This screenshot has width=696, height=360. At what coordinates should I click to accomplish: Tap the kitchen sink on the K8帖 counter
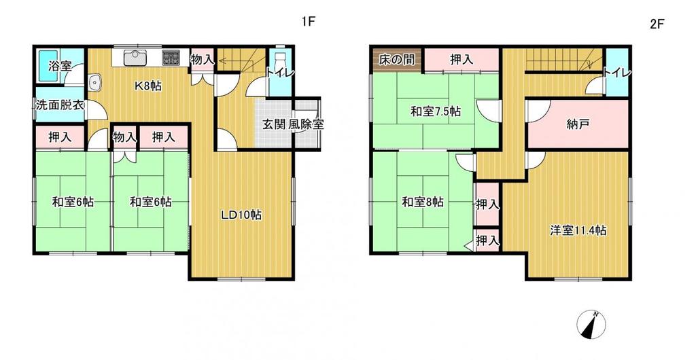(135, 58)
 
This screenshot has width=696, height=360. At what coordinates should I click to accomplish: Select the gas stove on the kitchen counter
(171, 58)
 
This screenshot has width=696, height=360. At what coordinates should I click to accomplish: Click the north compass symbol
(591, 324)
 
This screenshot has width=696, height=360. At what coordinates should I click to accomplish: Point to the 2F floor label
(657, 24)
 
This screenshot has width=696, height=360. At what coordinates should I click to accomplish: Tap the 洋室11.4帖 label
(578, 230)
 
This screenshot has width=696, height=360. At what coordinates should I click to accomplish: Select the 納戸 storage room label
(578, 124)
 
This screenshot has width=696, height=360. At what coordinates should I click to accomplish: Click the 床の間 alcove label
(397, 60)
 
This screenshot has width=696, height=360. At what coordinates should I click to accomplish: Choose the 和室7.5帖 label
(435, 111)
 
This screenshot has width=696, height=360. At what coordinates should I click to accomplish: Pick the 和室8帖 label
(422, 202)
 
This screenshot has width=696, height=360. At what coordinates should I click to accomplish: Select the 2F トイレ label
(617, 73)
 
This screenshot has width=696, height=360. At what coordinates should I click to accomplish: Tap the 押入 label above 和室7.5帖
(462, 60)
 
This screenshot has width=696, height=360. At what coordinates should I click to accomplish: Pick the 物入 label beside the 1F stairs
(203, 59)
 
